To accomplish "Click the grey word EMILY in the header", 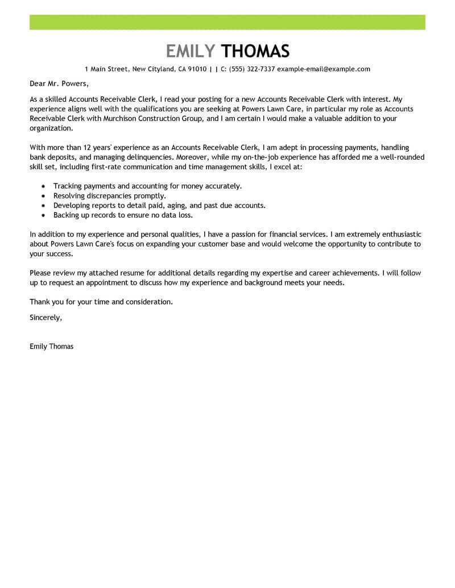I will (x=191, y=51).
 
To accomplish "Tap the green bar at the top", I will (x=227, y=22).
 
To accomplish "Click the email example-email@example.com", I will (x=324, y=69).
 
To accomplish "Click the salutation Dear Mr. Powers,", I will (x=60, y=84).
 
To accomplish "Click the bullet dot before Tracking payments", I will (x=43, y=186).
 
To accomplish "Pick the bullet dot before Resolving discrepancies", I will (x=43, y=196).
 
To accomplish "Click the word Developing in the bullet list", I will (x=73, y=206).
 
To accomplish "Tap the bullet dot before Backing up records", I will (x=43, y=216).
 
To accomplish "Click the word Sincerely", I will (x=45, y=318).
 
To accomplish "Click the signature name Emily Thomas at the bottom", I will (x=51, y=346).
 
